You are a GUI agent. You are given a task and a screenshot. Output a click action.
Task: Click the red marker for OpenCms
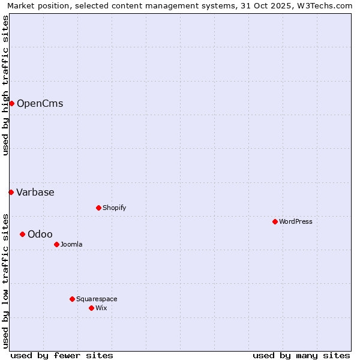[x=11, y=103]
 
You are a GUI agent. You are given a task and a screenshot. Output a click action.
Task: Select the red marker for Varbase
[x=11, y=192]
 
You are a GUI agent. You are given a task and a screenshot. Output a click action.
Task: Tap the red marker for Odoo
[x=22, y=234]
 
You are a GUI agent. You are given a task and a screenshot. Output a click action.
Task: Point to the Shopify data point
[x=98, y=208]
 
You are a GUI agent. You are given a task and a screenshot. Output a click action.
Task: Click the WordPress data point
[x=275, y=221]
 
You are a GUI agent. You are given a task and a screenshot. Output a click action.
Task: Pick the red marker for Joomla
[x=56, y=244]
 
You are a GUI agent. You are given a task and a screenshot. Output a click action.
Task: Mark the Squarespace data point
[x=72, y=299]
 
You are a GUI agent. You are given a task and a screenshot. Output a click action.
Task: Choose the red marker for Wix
[x=91, y=308]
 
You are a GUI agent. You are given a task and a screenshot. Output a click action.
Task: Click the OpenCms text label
[x=40, y=103]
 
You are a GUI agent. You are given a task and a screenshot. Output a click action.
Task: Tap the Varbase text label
[x=35, y=192]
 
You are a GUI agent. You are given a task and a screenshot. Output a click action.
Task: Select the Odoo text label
[x=40, y=234]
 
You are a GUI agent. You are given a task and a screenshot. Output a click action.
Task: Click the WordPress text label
[x=296, y=221]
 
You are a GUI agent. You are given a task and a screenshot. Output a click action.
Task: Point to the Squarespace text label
[x=97, y=299]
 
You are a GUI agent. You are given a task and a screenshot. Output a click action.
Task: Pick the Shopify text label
[x=114, y=208]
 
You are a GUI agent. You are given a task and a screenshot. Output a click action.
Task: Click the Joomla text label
[x=71, y=244]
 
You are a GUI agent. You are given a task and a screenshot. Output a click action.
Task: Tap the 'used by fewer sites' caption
[x=62, y=355]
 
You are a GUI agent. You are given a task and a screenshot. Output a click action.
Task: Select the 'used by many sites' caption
[x=301, y=355]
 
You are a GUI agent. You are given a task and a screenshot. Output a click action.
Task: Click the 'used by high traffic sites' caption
[x=5, y=85]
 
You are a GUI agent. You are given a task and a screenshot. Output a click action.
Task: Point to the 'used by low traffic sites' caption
[x=5, y=280]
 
